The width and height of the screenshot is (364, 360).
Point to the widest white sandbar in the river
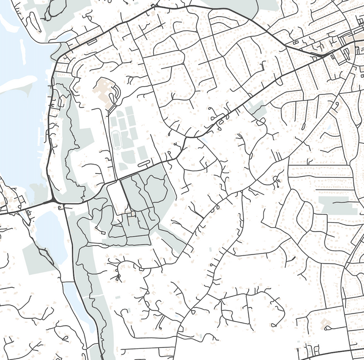(x=18, y=83)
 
